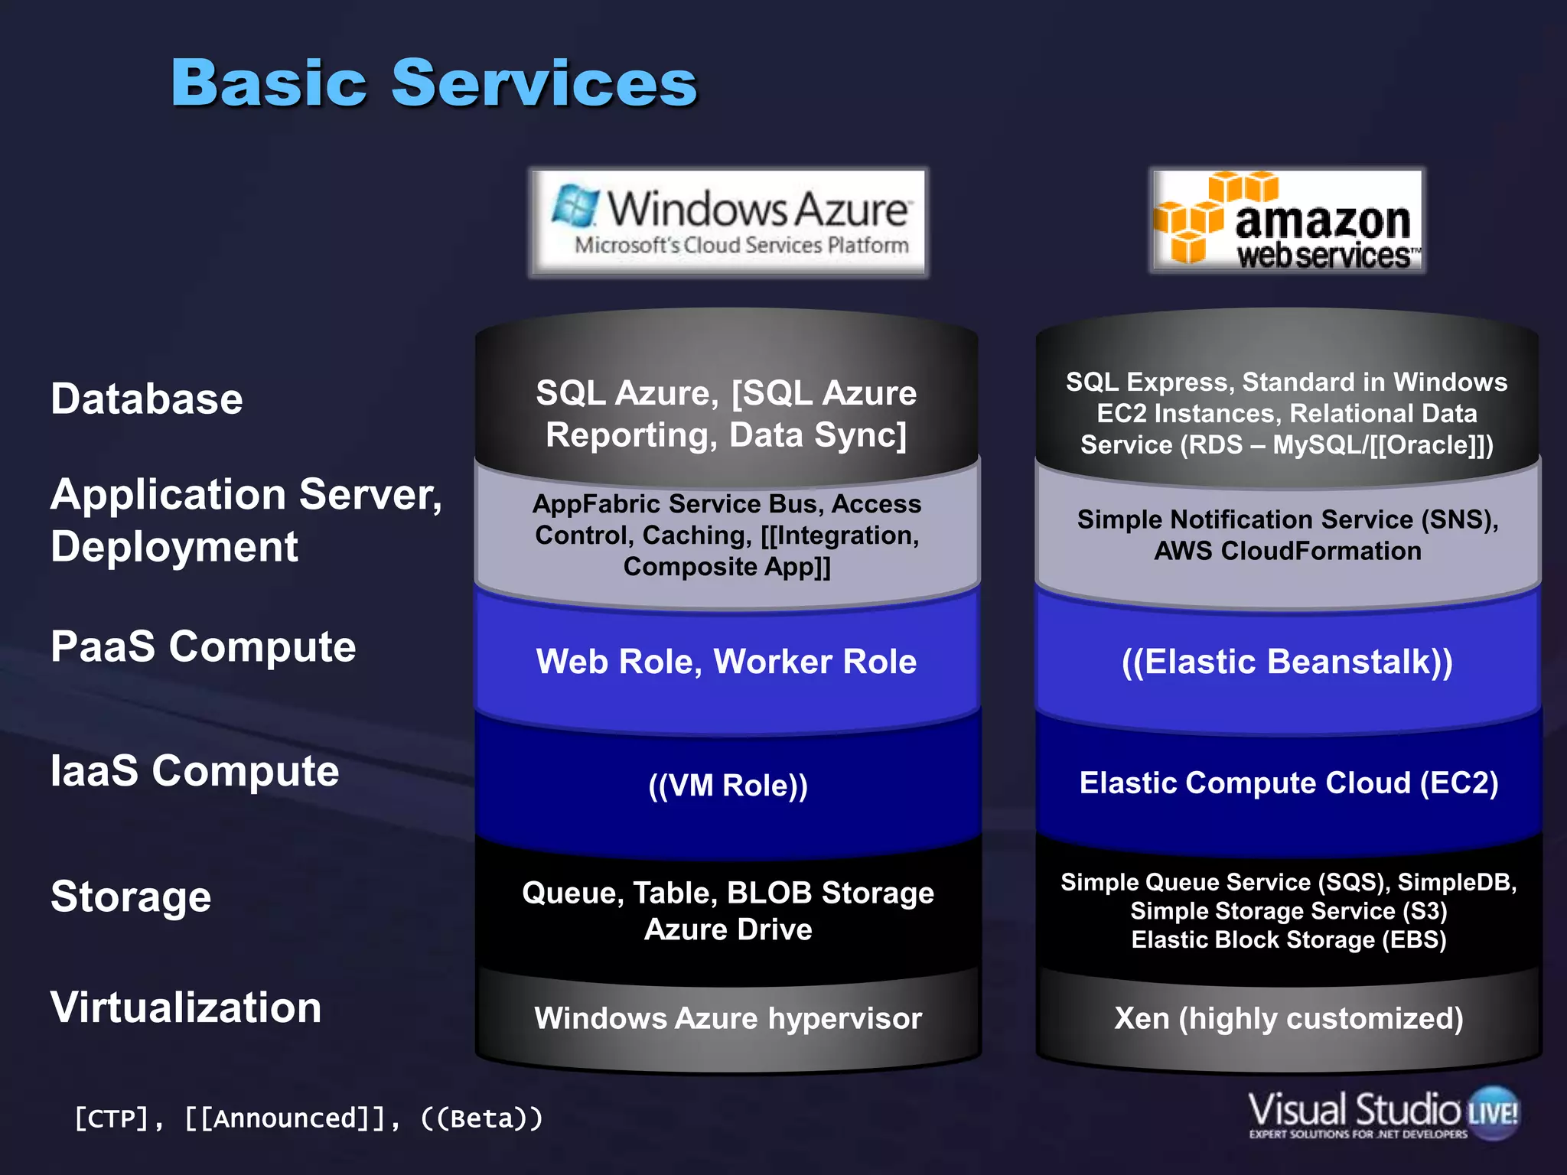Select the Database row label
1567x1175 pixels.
click(x=147, y=399)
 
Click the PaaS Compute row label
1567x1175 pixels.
click(x=204, y=646)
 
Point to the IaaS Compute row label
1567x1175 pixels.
click(x=194, y=770)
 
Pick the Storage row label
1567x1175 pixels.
click(x=131, y=896)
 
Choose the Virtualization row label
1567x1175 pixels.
click(x=186, y=1007)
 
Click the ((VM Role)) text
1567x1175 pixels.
click(x=728, y=786)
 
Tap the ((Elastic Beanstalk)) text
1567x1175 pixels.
click(x=1287, y=662)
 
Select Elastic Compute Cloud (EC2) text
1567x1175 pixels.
click(x=1288, y=783)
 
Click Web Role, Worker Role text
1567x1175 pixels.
click(x=726, y=662)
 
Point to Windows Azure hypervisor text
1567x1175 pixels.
click(x=728, y=1018)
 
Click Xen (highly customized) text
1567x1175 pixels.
click(x=1288, y=1018)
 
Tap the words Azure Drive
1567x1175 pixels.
click(x=728, y=929)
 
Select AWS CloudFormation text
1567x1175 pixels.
click(x=1288, y=551)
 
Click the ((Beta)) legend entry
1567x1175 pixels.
click(x=482, y=1118)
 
